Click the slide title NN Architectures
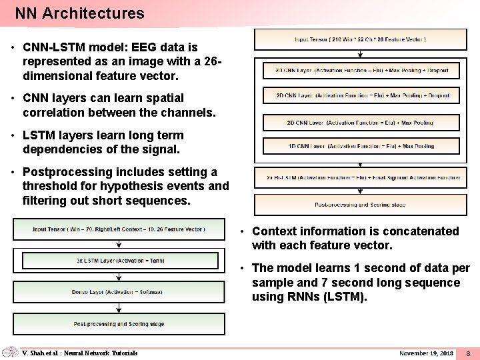(x=79, y=13)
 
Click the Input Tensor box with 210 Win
(x=360, y=39)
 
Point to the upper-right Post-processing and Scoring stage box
(x=360, y=205)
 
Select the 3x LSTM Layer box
(x=119, y=261)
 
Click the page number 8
(x=468, y=353)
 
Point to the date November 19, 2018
(x=426, y=353)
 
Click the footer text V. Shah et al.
(x=80, y=353)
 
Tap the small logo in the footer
(x=10, y=353)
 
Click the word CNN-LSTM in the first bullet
(x=53, y=47)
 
